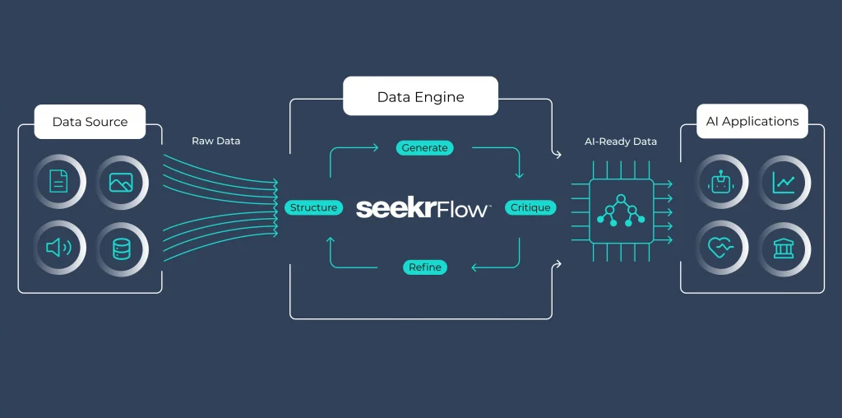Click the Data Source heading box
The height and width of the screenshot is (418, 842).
[90, 122]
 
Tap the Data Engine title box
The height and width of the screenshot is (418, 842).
[420, 96]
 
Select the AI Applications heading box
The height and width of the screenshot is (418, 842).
[752, 122]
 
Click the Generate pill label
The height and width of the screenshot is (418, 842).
[425, 148]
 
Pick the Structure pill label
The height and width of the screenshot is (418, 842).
[313, 207]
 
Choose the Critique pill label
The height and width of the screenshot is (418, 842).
[530, 207]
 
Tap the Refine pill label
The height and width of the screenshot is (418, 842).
[425, 267]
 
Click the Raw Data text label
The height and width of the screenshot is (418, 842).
[216, 142]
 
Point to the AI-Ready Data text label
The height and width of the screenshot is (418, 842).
[621, 142]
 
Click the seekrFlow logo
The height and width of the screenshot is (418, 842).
[423, 208]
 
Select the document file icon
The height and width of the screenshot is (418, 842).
[59, 181]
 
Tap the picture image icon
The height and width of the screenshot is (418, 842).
[121, 183]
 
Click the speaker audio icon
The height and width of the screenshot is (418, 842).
[58, 248]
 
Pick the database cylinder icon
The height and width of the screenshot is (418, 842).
[122, 248]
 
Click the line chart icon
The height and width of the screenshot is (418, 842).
[784, 183]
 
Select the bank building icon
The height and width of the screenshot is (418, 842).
[784, 248]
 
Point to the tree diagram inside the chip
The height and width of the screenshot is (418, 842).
[621, 211]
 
